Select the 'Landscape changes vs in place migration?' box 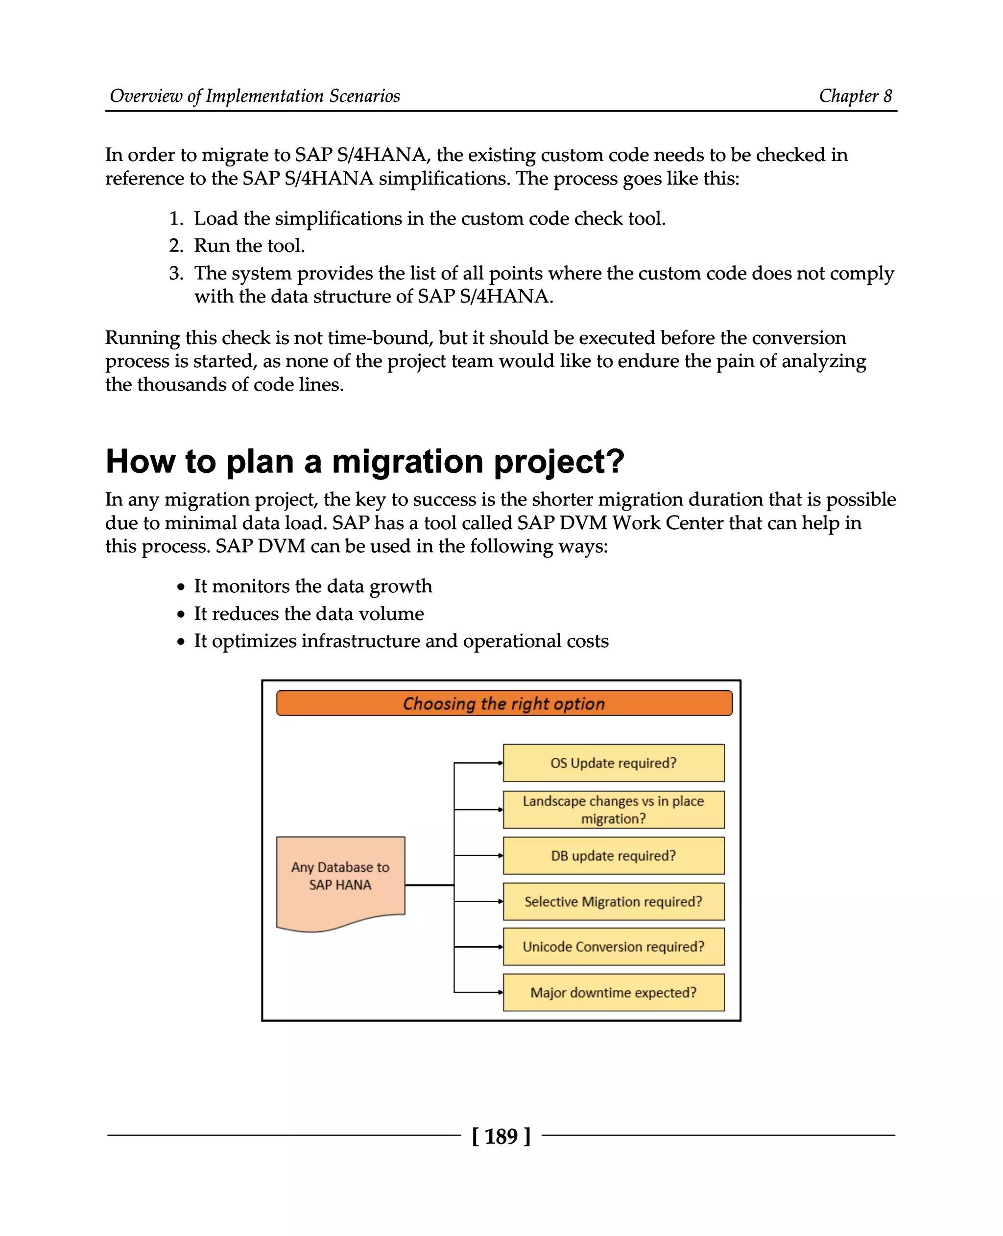[613, 809]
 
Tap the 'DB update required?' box [613, 855]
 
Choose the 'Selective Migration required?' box [613, 901]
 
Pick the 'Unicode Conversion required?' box [613, 947]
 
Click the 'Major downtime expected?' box [613, 992]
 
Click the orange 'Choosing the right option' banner [504, 703]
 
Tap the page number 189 [501, 1136]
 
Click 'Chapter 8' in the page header [855, 96]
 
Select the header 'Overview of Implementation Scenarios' [255, 96]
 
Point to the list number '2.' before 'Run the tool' [176, 246]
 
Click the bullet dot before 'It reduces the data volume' [181, 614]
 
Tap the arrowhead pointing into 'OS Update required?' [501, 763]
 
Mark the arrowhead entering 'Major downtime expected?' [501, 992]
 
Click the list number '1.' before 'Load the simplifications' [176, 219]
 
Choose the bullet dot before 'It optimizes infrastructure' [181, 642]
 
